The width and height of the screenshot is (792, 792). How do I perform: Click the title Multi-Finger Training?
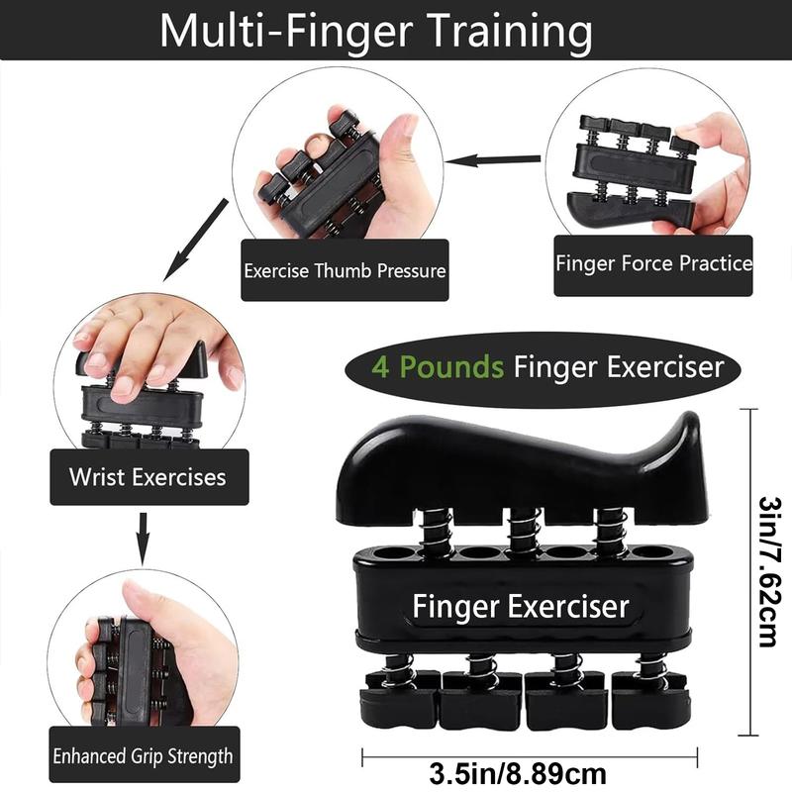(375, 32)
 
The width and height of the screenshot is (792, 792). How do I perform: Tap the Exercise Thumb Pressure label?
(345, 270)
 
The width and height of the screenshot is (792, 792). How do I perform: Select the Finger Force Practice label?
(653, 264)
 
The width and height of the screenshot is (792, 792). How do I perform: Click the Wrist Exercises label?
(148, 477)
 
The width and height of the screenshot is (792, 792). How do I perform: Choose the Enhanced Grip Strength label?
(144, 757)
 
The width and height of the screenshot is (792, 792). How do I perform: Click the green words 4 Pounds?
(437, 367)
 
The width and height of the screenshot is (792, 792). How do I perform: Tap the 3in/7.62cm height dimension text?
(765, 575)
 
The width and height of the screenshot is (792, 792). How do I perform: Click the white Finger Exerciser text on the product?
(520, 604)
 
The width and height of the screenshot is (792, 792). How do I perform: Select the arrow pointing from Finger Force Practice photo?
(500, 157)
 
